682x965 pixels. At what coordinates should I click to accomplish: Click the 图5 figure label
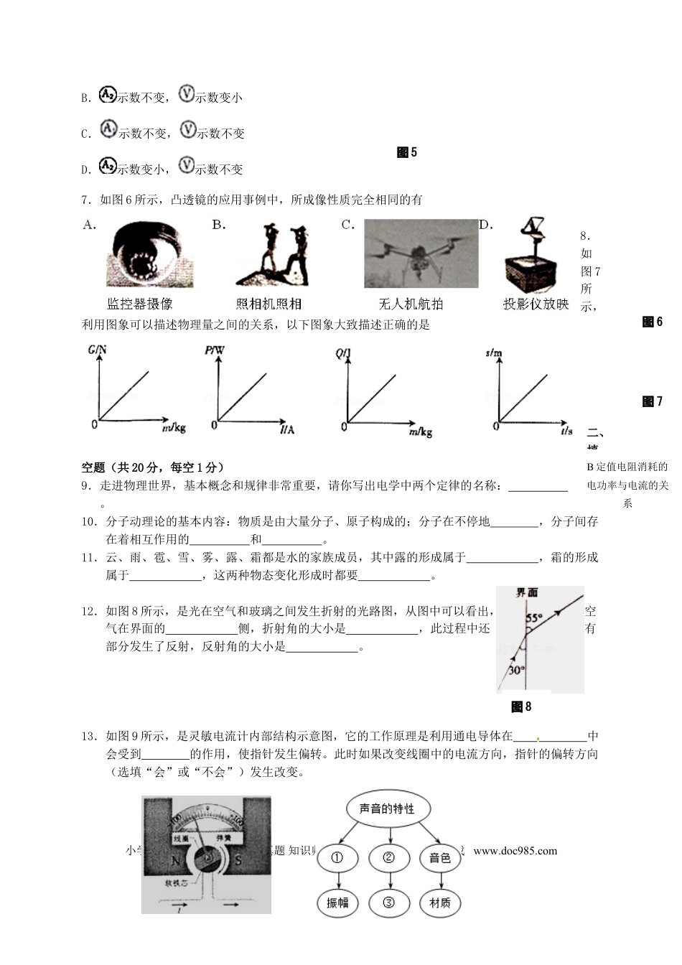[406, 152]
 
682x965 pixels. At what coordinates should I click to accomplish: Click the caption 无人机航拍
[411, 304]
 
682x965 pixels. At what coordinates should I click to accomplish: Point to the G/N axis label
[97, 350]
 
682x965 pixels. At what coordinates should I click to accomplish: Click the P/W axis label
[215, 350]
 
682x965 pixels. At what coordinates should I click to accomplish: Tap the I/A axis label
[286, 429]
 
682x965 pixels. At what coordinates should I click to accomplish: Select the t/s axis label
[568, 431]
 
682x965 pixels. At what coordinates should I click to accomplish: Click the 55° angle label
[533, 617]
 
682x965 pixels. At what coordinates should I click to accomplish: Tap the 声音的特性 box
[388, 808]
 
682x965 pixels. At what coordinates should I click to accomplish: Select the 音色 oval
[439, 858]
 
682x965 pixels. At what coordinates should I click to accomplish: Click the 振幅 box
[337, 903]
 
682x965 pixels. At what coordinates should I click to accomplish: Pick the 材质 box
[439, 903]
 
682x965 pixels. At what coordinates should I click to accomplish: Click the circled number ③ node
[388, 903]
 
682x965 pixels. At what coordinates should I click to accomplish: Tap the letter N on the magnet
[174, 861]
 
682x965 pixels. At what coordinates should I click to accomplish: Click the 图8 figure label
[521, 707]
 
